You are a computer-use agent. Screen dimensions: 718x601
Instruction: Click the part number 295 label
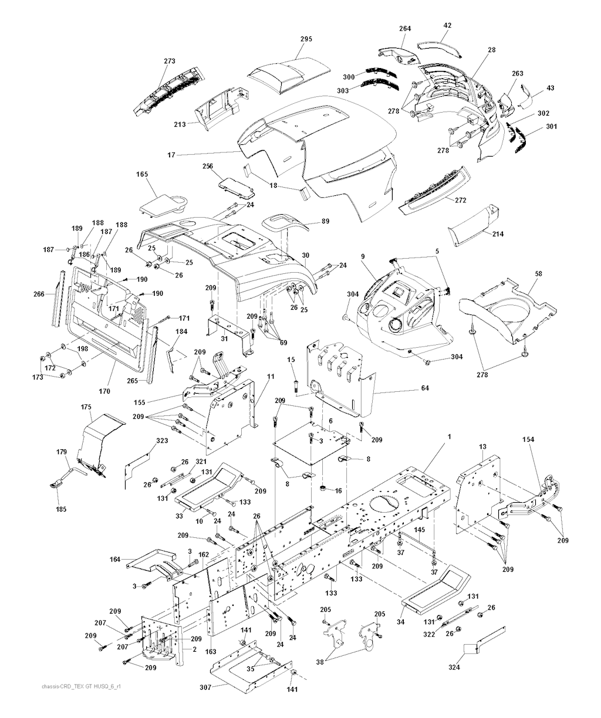(x=306, y=39)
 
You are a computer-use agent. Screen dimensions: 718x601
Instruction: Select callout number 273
(x=170, y=60)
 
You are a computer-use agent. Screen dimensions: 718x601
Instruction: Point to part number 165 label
(x=142, y=174)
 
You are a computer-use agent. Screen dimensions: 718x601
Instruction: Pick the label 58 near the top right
(x=538, y=273)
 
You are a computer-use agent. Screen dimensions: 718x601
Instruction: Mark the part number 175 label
(x=86, y=407)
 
